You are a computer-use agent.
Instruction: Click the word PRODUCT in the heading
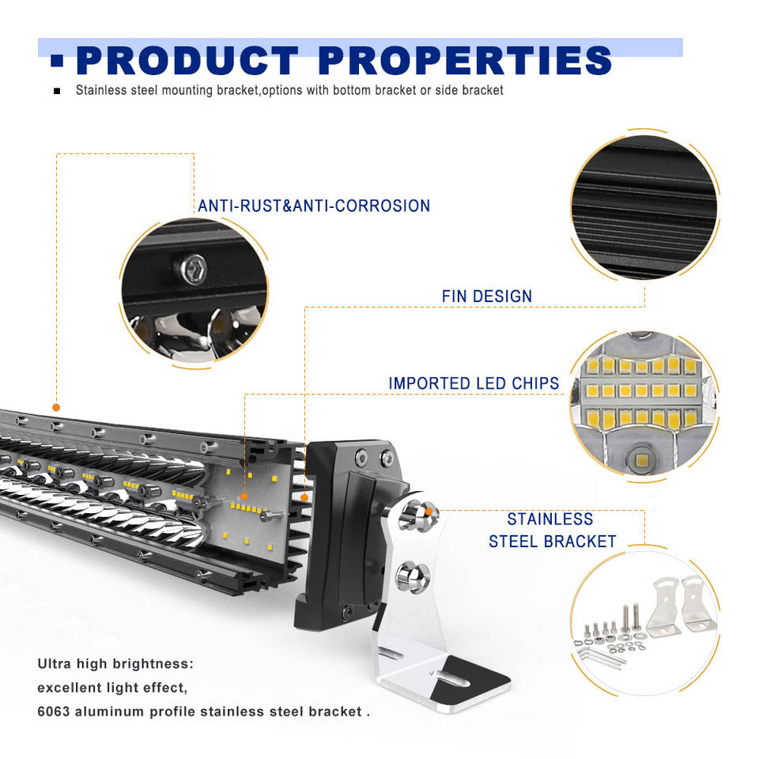coord(187,61)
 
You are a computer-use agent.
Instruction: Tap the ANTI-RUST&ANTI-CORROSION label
coord(314,206)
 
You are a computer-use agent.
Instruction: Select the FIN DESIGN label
coord(487,296)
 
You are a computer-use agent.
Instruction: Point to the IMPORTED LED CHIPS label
coord(474,383)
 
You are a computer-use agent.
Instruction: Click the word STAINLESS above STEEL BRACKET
coord(550,519)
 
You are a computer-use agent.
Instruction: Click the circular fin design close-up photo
coord(644,205)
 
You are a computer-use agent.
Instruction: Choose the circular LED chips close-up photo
coord(644,403)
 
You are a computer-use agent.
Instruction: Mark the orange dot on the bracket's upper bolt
coord(429,512)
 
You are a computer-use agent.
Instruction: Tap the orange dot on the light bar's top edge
coord(56,407)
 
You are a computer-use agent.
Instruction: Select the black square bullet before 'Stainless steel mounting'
coord(57,91)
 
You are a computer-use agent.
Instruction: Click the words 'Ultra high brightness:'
coord(115,663)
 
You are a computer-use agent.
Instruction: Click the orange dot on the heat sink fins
coord(304,498)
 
